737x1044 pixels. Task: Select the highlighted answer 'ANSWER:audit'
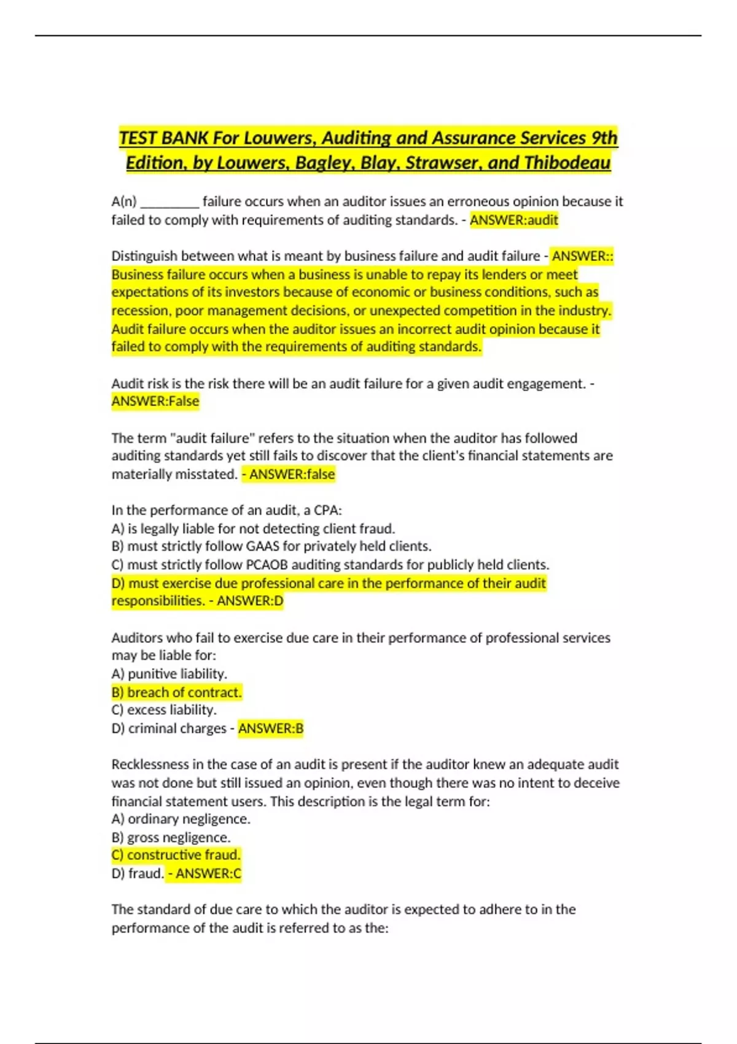(x=513, y=220)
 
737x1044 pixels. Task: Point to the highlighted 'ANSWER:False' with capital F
(x=155, y=401)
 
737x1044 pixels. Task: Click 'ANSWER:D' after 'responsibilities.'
(x=250, y=601)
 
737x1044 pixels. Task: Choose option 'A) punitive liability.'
(x=170, y=674)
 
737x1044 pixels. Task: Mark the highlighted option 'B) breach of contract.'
(x=177, y=692)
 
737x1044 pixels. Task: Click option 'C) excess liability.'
(x=164, y=710)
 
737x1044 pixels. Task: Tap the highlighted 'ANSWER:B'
(x=270, y=728)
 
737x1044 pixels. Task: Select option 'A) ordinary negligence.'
(x=181, y=819)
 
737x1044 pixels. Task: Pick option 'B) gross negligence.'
(x=171, y=838)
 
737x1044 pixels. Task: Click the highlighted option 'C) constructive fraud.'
(x=176, y=855)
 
